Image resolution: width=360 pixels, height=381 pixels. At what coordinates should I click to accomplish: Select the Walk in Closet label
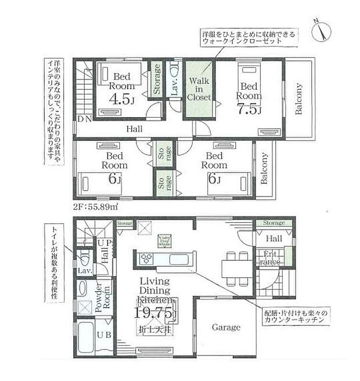[x=198, y=89]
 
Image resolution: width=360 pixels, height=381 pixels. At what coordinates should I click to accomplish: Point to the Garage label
[x=226, y=327]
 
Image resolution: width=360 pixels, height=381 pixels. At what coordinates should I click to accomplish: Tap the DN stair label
[x=84, y=119]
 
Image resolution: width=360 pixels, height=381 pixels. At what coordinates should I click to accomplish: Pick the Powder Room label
[x=106, y=298]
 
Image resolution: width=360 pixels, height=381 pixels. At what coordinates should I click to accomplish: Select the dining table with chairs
[x=235, y=267]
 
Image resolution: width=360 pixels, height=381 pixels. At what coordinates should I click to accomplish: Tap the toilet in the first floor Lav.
[x=85, y=256]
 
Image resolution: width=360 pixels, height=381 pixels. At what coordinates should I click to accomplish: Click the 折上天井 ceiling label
[x=154, y=330]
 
